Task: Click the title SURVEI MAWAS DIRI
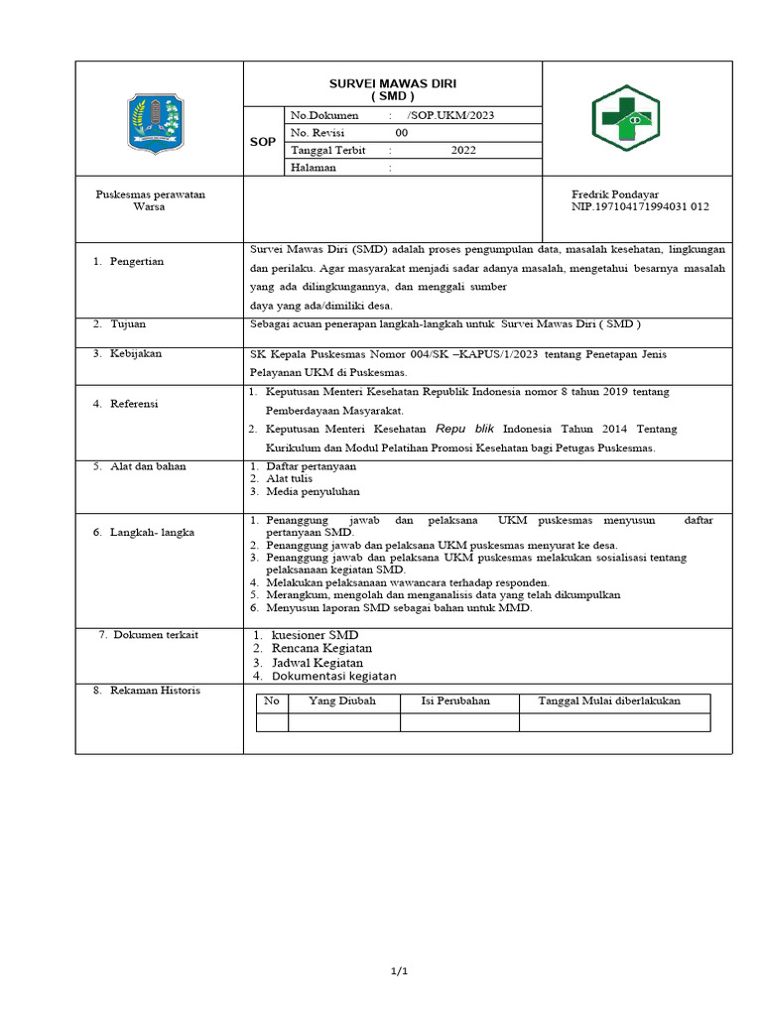coord(392,83)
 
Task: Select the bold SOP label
coord(263,142)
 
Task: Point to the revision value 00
coord(401,133)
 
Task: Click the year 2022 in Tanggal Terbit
coord(463,151)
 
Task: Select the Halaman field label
coord(313,168)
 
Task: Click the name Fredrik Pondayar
coord(615,194)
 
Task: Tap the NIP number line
coord(640,207)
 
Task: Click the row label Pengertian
coord(136,262)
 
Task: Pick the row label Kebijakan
coord(135,353)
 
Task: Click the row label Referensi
coord(134,404)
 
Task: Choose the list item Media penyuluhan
coord(313,491)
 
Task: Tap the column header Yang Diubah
coord(343,700)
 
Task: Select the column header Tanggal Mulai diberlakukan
coord(609,700)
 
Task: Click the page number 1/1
coord(400,971)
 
